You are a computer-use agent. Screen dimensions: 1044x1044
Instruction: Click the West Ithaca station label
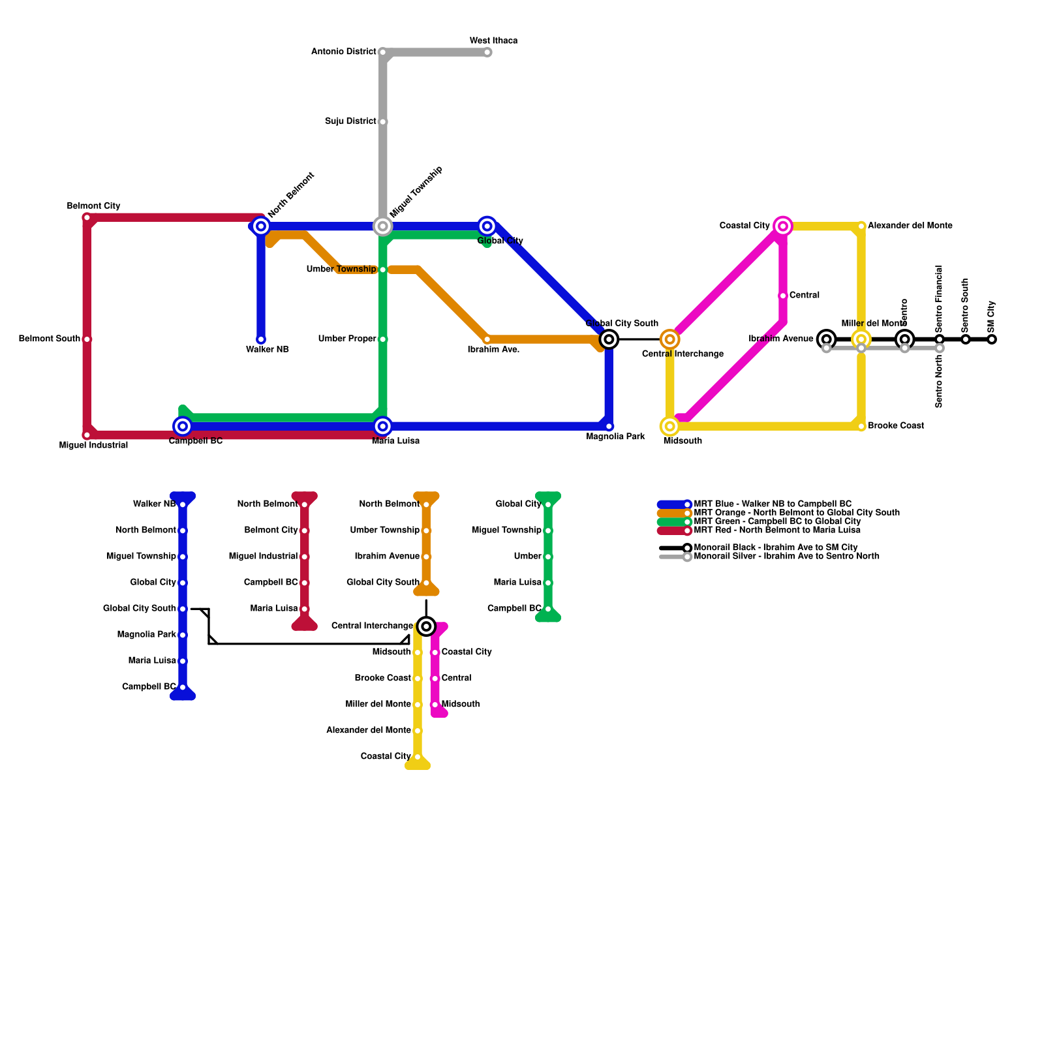tap(493, 40)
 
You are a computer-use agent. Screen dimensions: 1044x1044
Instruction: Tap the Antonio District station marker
tap(383, 52)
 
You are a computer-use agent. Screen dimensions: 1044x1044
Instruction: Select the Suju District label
tap(350, 121)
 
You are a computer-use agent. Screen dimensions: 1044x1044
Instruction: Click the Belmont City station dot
tap(87, 217)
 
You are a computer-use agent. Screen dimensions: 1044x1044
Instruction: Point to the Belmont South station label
tap(50, 339)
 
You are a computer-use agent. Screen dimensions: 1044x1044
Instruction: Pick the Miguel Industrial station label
tap(93, 446)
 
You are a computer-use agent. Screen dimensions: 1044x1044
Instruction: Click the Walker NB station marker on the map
tap(261, 339)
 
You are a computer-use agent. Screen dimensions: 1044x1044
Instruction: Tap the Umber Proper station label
tap(347, 339)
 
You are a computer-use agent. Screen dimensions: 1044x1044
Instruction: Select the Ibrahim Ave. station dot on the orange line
tap(487, 339)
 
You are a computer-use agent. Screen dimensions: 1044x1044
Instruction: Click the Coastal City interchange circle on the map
tap(783, 226)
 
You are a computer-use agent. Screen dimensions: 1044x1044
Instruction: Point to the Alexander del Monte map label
tap(910, 226)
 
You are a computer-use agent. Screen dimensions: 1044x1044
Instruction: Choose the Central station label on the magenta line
tap(804, 296)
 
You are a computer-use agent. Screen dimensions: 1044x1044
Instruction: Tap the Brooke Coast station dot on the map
tap(861, 426)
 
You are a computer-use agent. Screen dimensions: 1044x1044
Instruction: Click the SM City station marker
tap(992, 339)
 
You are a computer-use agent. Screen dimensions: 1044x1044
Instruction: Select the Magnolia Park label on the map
tap(615, 437)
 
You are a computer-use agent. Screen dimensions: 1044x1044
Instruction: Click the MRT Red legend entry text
tap(776, 530)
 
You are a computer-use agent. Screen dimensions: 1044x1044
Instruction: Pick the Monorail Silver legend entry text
tap(786, 557)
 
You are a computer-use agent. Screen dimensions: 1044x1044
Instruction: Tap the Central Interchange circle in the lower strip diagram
tap(426, 626)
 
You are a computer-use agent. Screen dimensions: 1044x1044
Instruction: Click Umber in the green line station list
tap(527, 557)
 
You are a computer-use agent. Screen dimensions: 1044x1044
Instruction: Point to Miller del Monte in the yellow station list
tap(378, 704)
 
